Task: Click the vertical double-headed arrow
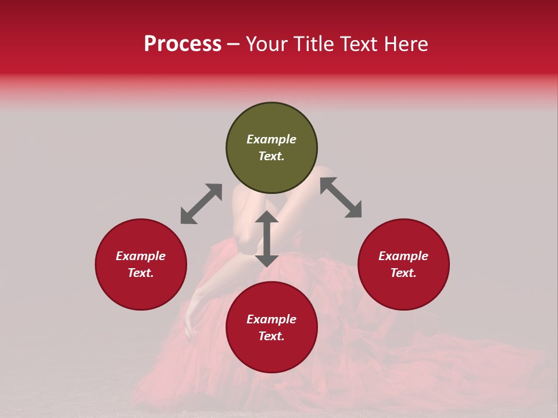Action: coord(267,239)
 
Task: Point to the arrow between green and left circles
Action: coord(201,204)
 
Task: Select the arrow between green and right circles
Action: coord(341,197)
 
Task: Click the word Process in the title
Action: coord(183,44)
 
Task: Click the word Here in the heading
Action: coord(406,44)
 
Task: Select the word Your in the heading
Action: coord(266,44)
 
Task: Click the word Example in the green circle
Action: coord(271,139)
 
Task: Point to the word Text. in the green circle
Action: coord(271,156)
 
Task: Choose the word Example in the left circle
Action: coord(141,256)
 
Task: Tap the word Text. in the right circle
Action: coord(403,273)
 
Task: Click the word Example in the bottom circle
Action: coord(271,319)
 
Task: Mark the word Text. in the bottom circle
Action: coord(271,336)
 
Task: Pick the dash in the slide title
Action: coord(233,44)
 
